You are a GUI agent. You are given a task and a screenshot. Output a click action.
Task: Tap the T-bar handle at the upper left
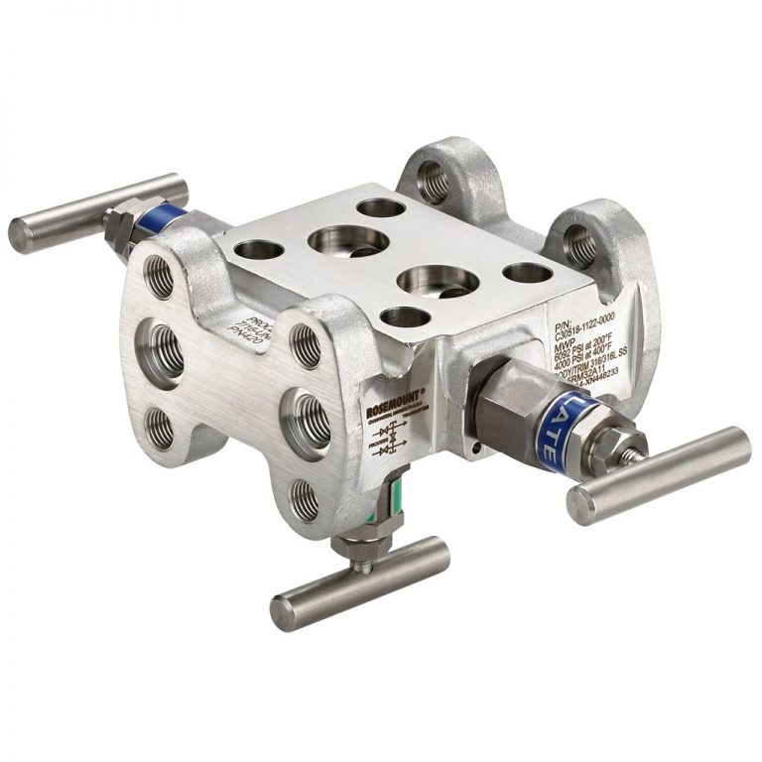tap(97, 211)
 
